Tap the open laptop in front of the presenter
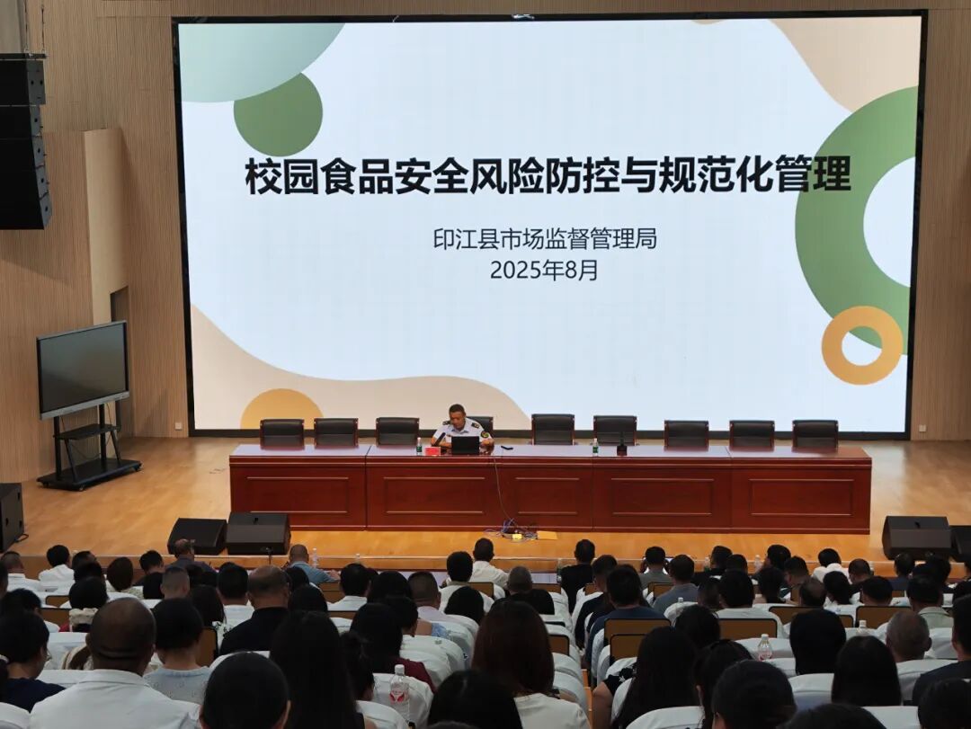click(466, 445)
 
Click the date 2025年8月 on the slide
click(544, 270)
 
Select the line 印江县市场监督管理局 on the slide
click(545, 238)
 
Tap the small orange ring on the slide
click(861, 345)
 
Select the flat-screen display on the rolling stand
click(83, 369)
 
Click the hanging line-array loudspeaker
click(24, 141)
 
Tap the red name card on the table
click(432, 451)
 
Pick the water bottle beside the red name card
click(419, 446)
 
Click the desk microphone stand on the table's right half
click(621, 443)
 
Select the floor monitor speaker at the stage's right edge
click(916, 537)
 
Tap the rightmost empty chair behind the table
click(815, 433)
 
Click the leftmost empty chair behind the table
click(281, 432)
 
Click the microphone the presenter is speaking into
click(441, 437)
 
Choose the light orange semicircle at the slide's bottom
click(281, 409)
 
